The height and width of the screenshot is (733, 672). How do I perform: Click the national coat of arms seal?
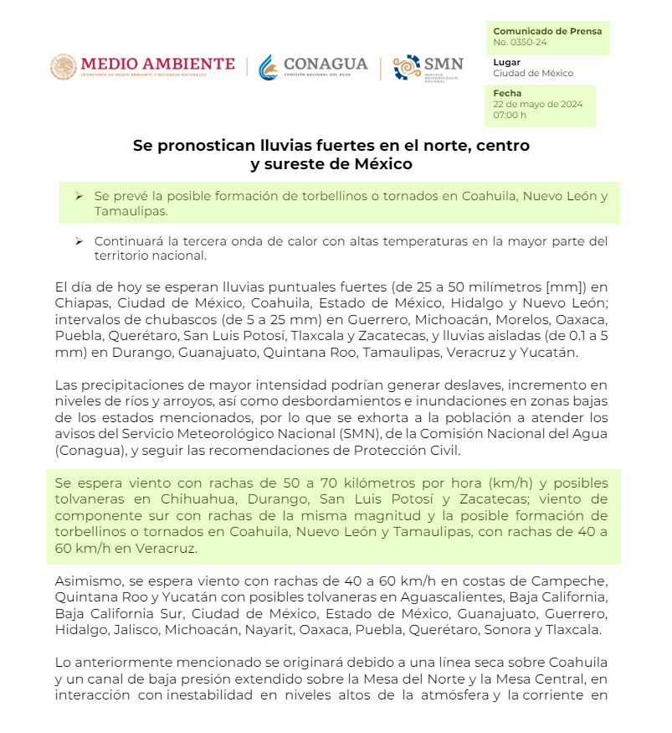click(64, 68)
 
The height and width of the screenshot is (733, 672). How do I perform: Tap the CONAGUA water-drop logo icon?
click(269, 68)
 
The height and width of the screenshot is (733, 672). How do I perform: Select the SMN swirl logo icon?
click(407, 68)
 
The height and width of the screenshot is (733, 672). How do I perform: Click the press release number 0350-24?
click(520, 42)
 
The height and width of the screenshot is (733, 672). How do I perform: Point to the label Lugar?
click(506, 62)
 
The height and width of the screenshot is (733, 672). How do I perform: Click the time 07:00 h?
click(510, 115)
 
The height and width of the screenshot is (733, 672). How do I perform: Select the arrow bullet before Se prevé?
click(79, 196)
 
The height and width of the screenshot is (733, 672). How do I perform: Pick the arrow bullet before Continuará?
click(79, 241)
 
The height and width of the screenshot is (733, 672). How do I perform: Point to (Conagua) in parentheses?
click(90, 451)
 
